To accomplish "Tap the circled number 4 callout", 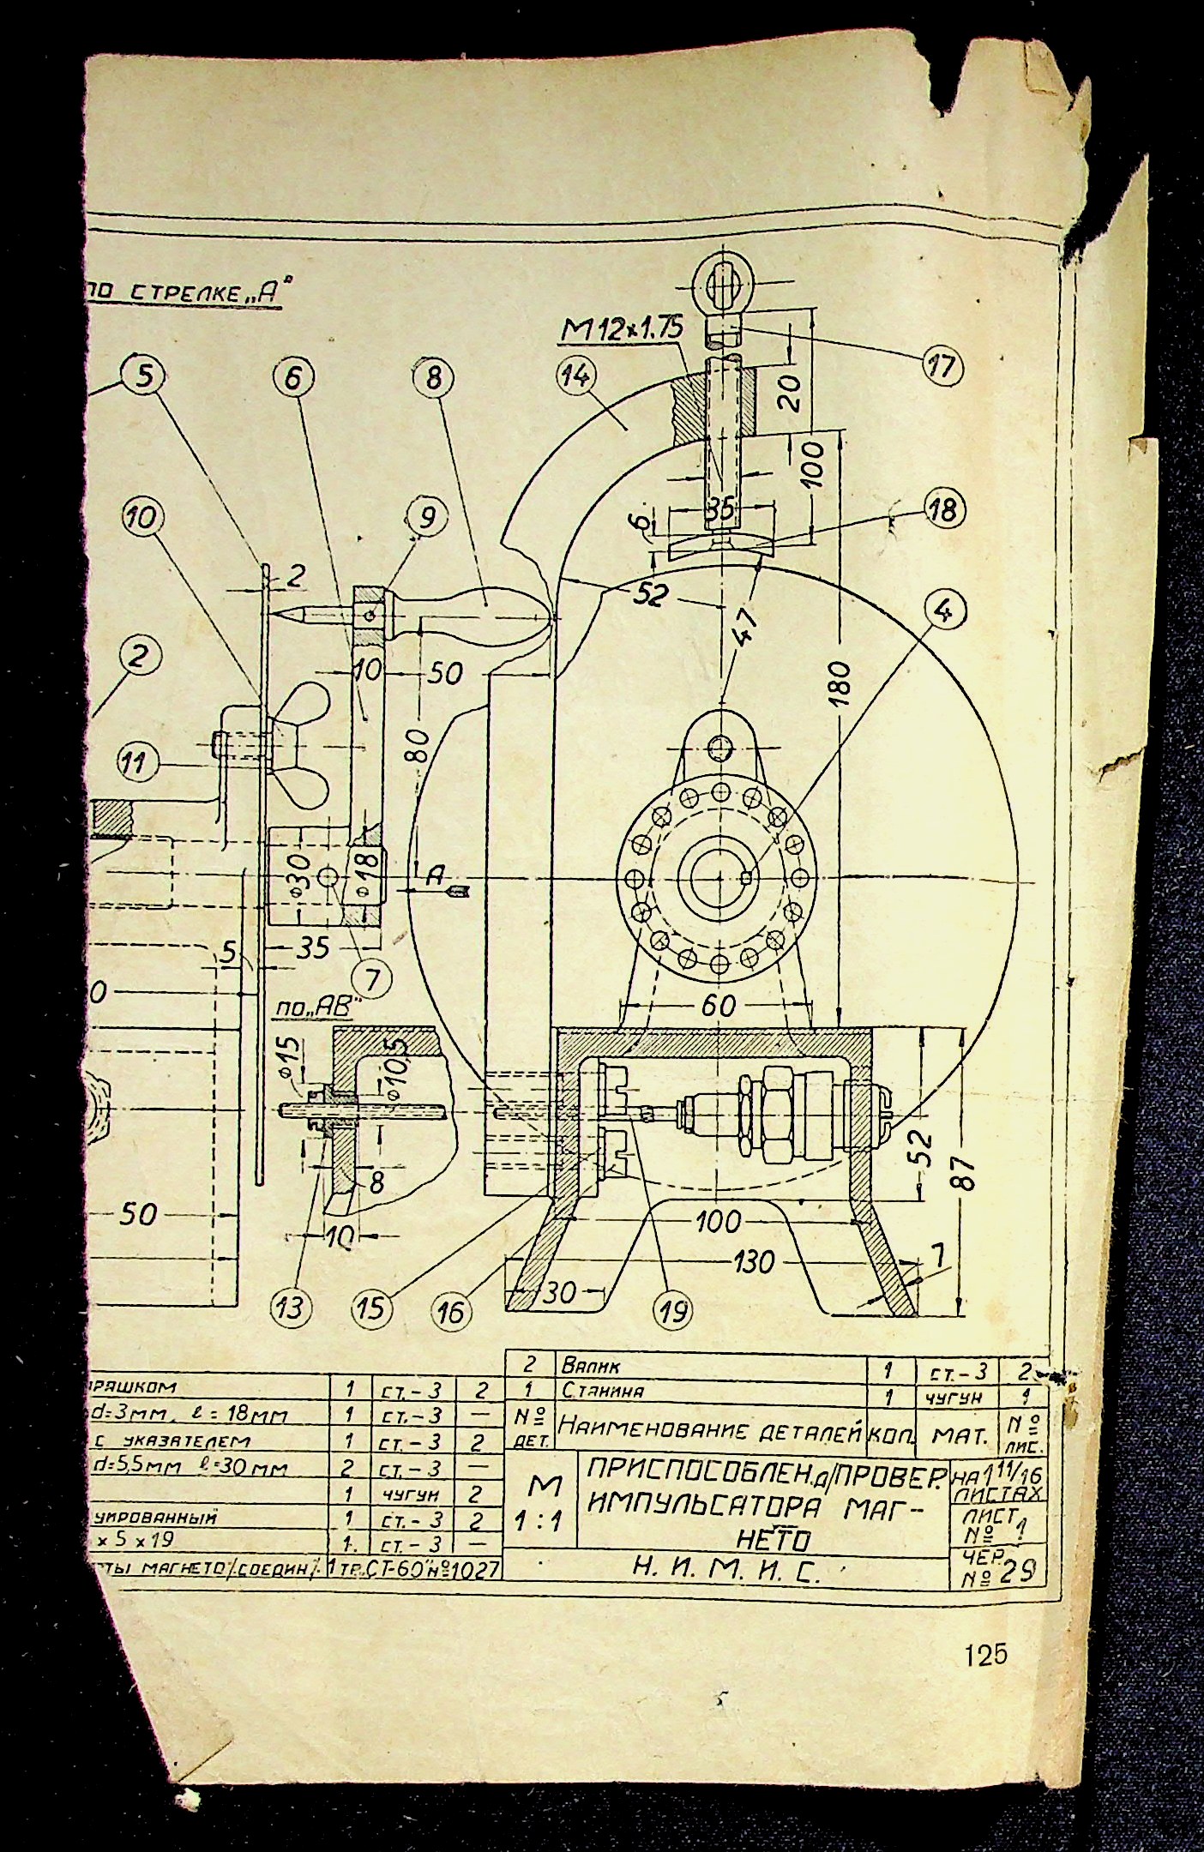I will point(945,610).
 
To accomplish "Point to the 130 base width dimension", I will point(754,1261).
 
